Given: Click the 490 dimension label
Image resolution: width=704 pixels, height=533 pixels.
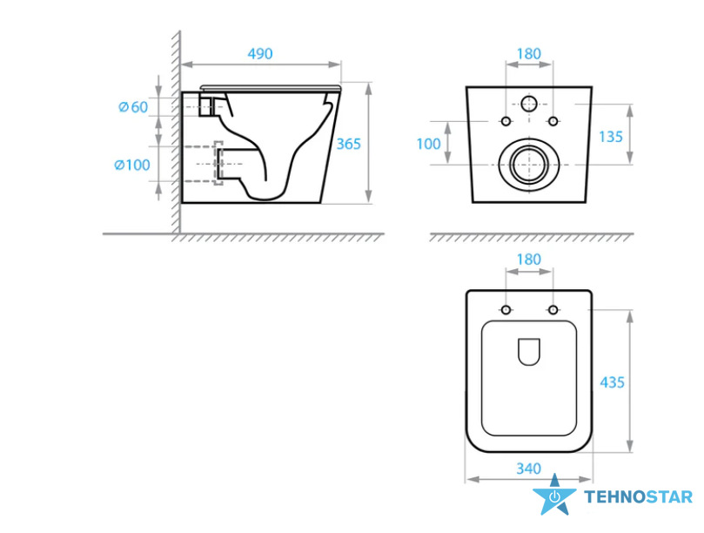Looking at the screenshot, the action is [260, 54].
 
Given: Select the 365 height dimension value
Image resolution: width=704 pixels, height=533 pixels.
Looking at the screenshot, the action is [348, 144].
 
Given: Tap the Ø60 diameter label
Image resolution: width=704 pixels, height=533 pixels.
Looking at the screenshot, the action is [133, 107].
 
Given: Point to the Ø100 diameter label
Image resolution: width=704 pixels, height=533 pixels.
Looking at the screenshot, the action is [132, 165].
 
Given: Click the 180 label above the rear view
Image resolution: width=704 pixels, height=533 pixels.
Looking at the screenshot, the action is [528, 54].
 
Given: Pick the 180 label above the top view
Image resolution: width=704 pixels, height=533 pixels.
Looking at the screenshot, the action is [528, 260].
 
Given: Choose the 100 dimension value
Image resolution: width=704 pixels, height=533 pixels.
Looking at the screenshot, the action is [428, 144].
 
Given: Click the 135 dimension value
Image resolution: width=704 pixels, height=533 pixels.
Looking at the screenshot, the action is [611, 137].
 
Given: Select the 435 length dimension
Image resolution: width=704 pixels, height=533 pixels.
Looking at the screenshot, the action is [612, 382].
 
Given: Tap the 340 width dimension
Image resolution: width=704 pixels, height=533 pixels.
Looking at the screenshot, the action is [528, 469].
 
